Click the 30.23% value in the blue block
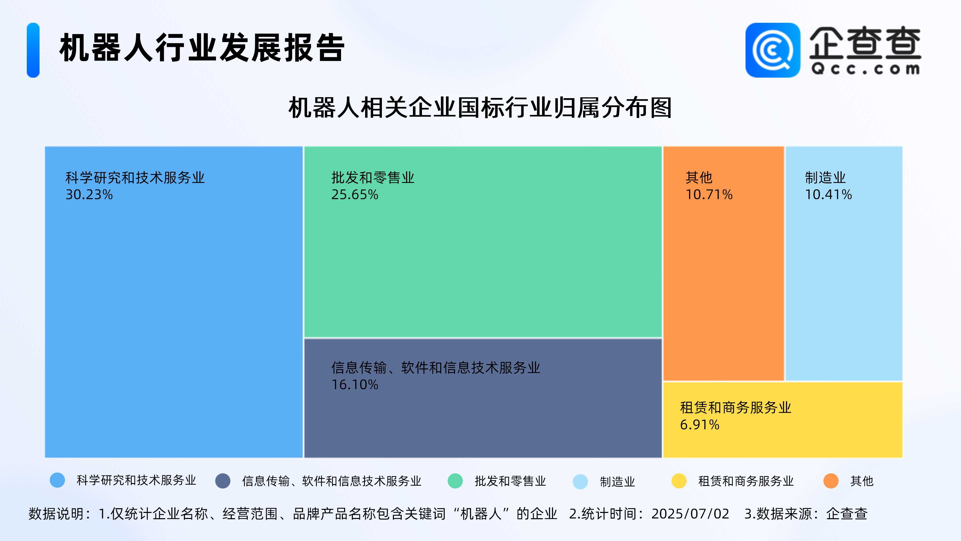coord(89,195)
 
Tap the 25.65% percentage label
coord(355,195)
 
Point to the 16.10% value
coord(355,384)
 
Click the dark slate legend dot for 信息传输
coord(223,481)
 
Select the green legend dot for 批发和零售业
coord(455,481)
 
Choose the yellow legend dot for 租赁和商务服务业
coord(679,481)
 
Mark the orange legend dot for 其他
coord(831,481)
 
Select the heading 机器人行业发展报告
coord(202,47)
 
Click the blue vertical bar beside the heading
coord(33,50)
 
